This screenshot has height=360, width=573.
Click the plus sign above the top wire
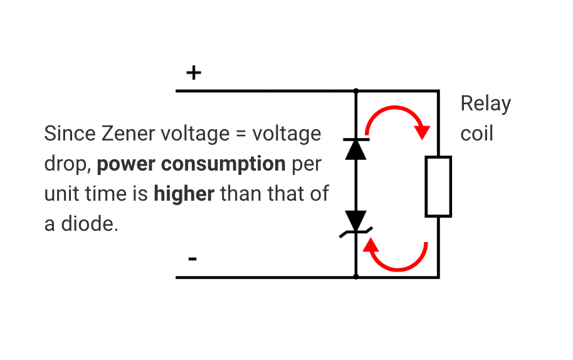point(194,73)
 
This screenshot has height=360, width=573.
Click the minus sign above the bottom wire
point(193,258)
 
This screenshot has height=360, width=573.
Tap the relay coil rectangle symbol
point(438,187)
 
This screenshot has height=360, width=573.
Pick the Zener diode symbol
point(356,223)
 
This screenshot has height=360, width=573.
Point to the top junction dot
point(356,91)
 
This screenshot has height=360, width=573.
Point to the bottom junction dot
point(356,277)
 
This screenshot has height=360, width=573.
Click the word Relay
point(485,103)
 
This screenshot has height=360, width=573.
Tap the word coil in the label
point(476,134)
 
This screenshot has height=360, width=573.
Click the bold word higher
point(184,194)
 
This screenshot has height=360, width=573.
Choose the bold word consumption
point(223,164)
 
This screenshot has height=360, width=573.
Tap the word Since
point(67,134)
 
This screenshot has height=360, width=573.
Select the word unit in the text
point(62,194)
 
